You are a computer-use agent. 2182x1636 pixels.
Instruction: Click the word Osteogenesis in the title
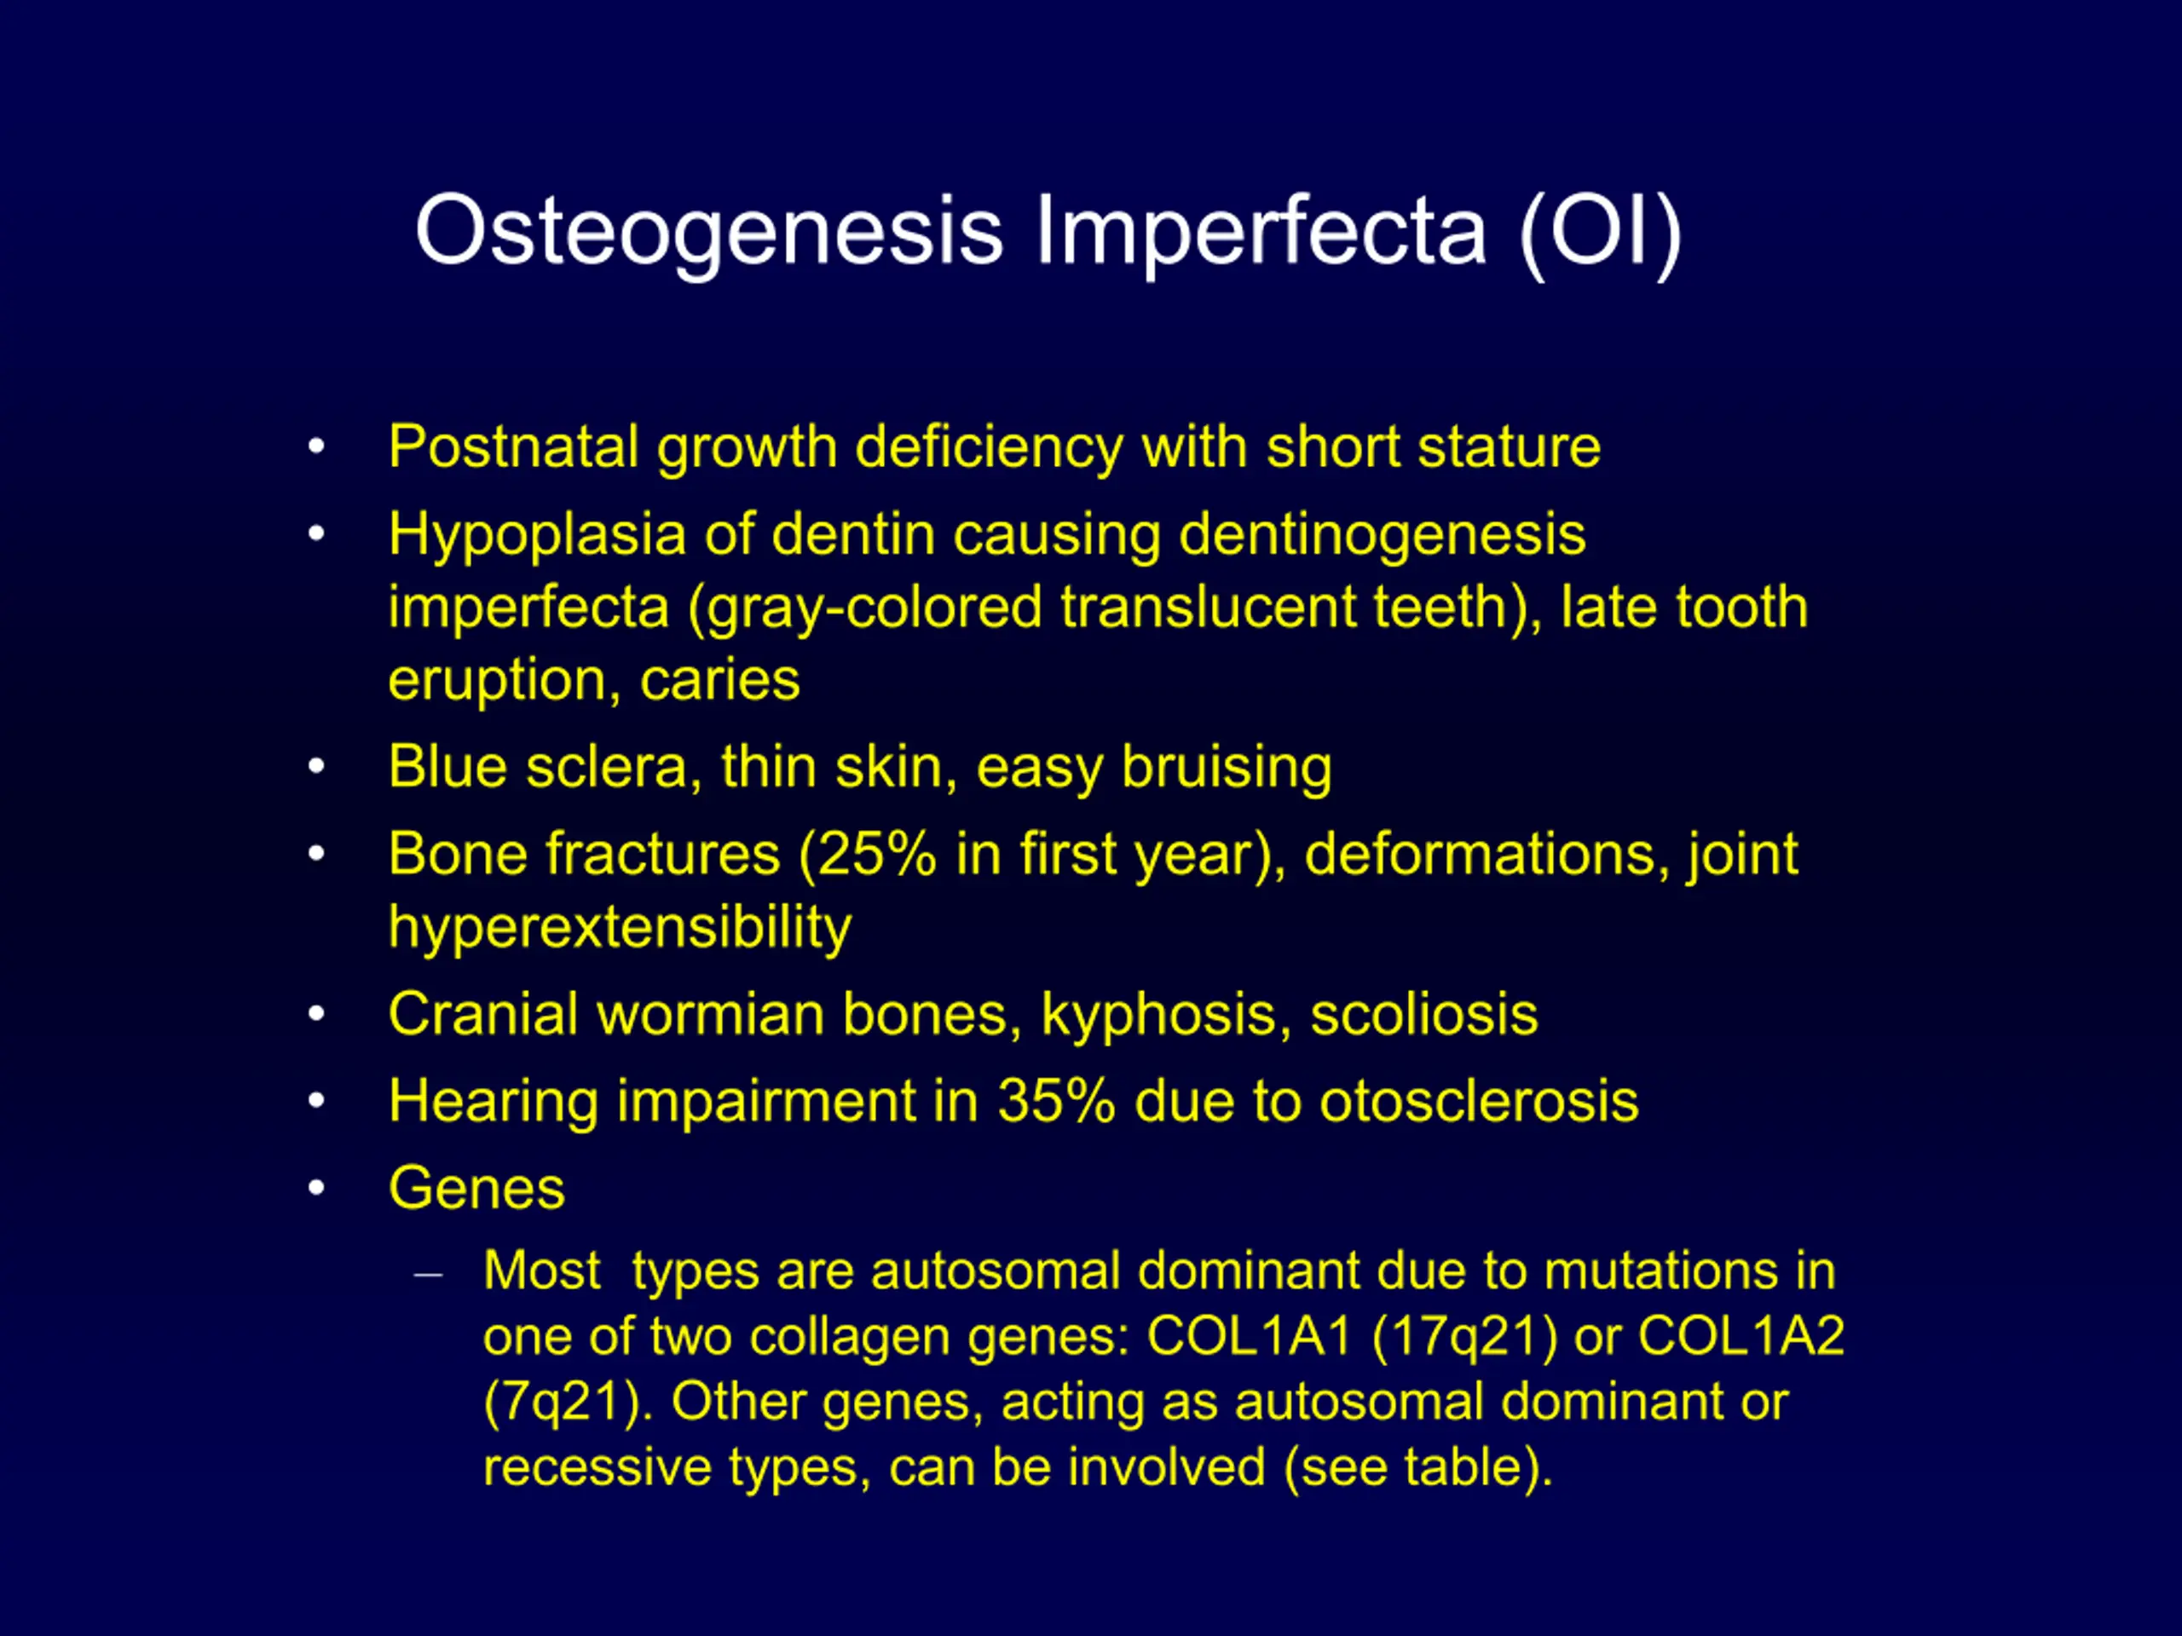coord(709,232)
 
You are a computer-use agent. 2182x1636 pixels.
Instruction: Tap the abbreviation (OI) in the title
coord(1600,233)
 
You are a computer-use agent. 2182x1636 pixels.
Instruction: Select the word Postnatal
coord(513,446)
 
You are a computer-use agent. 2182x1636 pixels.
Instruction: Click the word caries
coord(719,681)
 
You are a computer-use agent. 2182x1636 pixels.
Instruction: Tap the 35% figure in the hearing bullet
coord(1055,1101)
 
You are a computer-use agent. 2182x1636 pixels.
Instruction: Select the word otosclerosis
coord(1479,1102)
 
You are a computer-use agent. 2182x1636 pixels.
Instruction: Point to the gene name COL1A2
coord(1741,1337)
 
